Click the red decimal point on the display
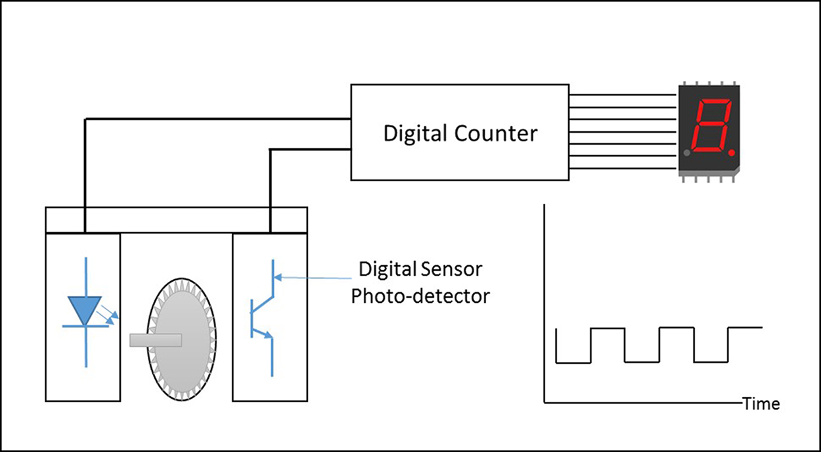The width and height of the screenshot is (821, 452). click(x=732, y=153)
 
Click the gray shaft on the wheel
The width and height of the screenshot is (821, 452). click(x=156, y=340)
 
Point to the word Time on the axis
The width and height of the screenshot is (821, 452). click(x=761, y=403)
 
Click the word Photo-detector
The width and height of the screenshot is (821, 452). click(x=420, y=296)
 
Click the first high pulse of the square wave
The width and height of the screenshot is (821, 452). click(x=608, y=327)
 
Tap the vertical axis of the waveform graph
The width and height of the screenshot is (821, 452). click(x=544, y=302)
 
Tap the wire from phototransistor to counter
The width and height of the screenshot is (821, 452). click(x=309, y=150)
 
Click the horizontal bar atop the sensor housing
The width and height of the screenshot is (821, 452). click(x=176, y=219)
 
